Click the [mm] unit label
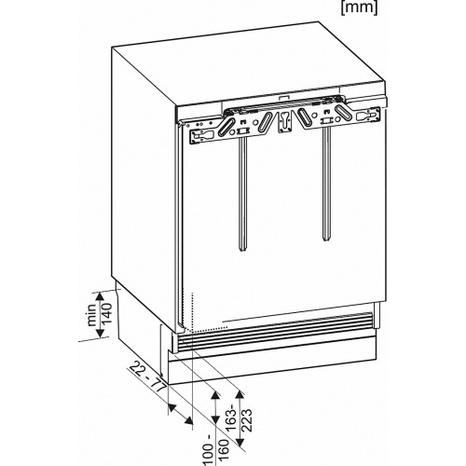[x=359, y=8]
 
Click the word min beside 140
[x=92, y=315]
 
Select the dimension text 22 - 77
[x=147, y=377]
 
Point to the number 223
[x=246, y=420]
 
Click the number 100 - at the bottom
[x=209, y=451]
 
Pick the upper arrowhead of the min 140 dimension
[x=100, y=296]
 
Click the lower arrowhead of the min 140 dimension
[x=100, y=333]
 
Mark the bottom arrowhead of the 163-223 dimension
[x=240, y=442]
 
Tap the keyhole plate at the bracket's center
[x=284, y=123]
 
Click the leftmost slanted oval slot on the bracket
[x=226, y=126]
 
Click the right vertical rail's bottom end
[x=325, y=239]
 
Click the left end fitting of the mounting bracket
[x=203, y=135]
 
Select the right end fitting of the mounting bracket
[x=368, y=116]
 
